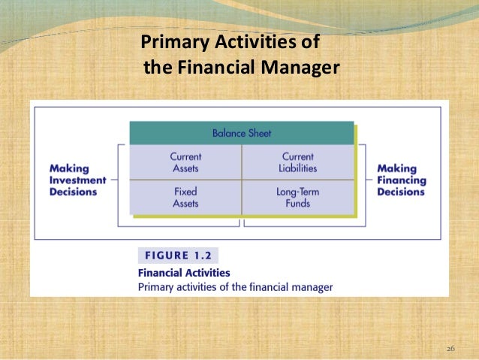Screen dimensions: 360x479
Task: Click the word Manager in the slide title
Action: click(300, 68)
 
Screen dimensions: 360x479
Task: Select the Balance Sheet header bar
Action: click(241, 133)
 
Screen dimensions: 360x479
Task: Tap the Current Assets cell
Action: click(185, 162)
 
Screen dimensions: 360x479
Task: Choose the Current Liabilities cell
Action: click(297, 162)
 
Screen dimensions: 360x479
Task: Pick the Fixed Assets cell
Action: click(185, 197)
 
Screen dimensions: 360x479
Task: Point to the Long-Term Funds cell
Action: click(297, 197)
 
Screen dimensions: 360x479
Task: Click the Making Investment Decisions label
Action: click(73, 180)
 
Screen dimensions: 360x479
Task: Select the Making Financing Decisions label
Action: click(401, 180)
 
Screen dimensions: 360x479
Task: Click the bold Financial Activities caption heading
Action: click(185, 273)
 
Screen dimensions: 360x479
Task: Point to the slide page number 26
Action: click(450, 349)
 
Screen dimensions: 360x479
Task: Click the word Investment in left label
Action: click(74, 180)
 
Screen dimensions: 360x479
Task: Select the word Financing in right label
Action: click(401, 180)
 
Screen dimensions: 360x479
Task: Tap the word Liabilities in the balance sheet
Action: click(297, 168)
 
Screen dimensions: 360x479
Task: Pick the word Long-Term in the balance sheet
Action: click(297, 192)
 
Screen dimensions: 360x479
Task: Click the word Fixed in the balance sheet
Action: click(185, 192)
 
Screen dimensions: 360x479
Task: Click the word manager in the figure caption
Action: click(311, 286)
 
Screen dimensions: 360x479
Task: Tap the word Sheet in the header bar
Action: click(258, 133)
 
